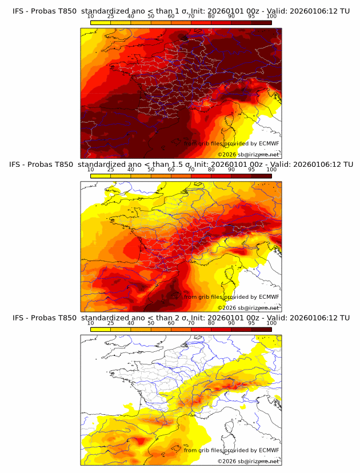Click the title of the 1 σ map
click(x=181, y=11)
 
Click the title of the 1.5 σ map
click(x=181, y=165)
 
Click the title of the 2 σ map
click(x=181, y=318)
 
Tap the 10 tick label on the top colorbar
click(x=91, y=17)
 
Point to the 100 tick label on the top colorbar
click(x=271, y=17)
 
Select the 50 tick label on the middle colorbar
click(x=151, y=170)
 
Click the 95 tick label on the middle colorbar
click(x=251, y=170)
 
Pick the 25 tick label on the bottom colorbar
click(x=110, y=323)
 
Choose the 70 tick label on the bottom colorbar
click(x=191, y=323)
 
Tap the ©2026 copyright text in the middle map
click(x=248, y=307)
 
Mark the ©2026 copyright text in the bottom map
click(x=248, y=461)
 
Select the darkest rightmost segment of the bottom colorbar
click(x=261, y=329)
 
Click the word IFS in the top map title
click(x=18, y=11)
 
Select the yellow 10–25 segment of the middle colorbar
click(x=101, y=176)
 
